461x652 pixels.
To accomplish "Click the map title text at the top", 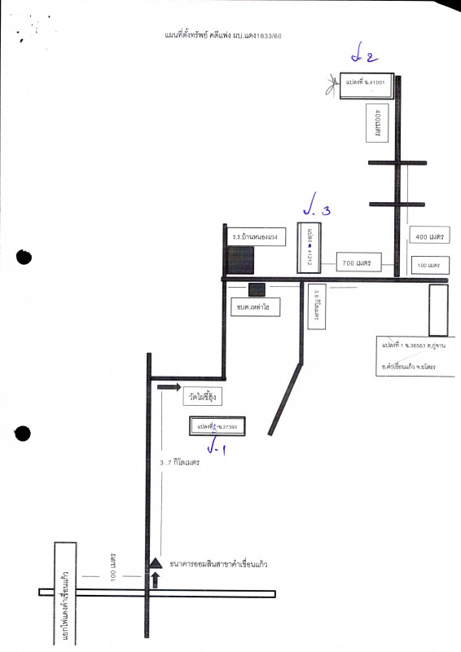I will [x=223, y=35].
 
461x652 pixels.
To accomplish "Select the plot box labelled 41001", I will [x=367, y=83].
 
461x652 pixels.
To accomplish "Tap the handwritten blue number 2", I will [x=362, y=57].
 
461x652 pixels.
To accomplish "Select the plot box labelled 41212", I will [x=310, y=247].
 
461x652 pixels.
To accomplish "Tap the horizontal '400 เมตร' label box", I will [x=428, y=236].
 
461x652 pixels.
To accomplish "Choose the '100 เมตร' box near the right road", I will [x=428, y=265].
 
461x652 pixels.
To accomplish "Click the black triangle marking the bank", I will [x=155, y=562].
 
